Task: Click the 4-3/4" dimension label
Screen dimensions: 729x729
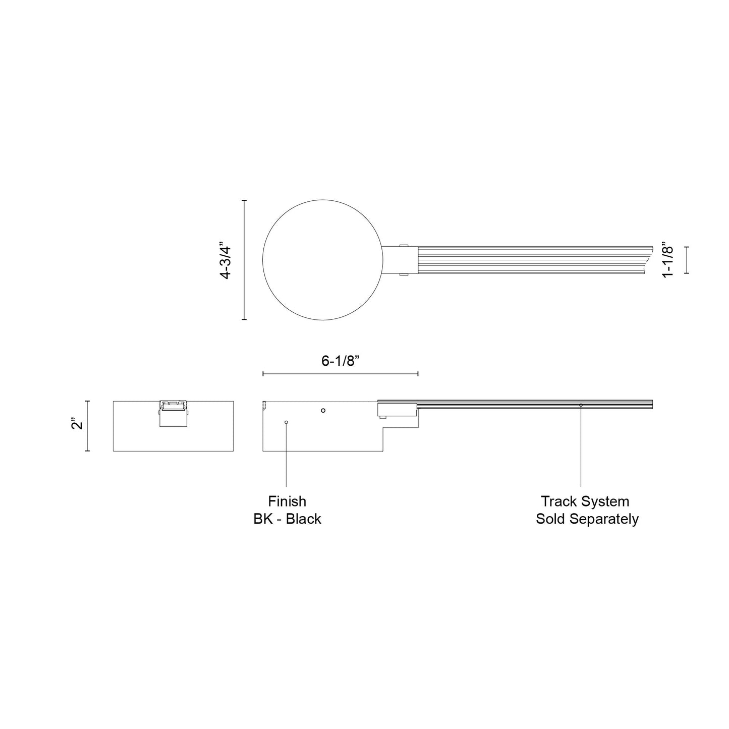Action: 225,260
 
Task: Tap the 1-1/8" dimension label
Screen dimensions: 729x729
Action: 668,260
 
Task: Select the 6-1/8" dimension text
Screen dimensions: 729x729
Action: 340,361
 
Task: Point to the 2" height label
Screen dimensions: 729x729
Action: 77,424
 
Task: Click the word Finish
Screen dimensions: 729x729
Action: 287,501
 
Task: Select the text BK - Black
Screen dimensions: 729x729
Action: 287,519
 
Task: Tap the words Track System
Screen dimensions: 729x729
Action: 585,501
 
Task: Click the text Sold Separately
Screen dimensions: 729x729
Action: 587,519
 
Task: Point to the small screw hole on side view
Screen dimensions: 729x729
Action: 323,410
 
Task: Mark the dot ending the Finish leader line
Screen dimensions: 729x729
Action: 286,422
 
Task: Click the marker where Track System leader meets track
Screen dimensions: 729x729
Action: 581,405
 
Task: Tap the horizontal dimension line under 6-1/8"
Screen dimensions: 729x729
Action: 340,374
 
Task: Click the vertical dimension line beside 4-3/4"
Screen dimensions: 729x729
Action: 245,260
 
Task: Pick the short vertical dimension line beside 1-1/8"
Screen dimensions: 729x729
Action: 686,260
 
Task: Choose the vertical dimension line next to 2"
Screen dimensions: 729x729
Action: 88,426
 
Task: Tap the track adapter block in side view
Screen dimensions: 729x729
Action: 397,409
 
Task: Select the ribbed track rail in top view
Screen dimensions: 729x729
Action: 530,260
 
